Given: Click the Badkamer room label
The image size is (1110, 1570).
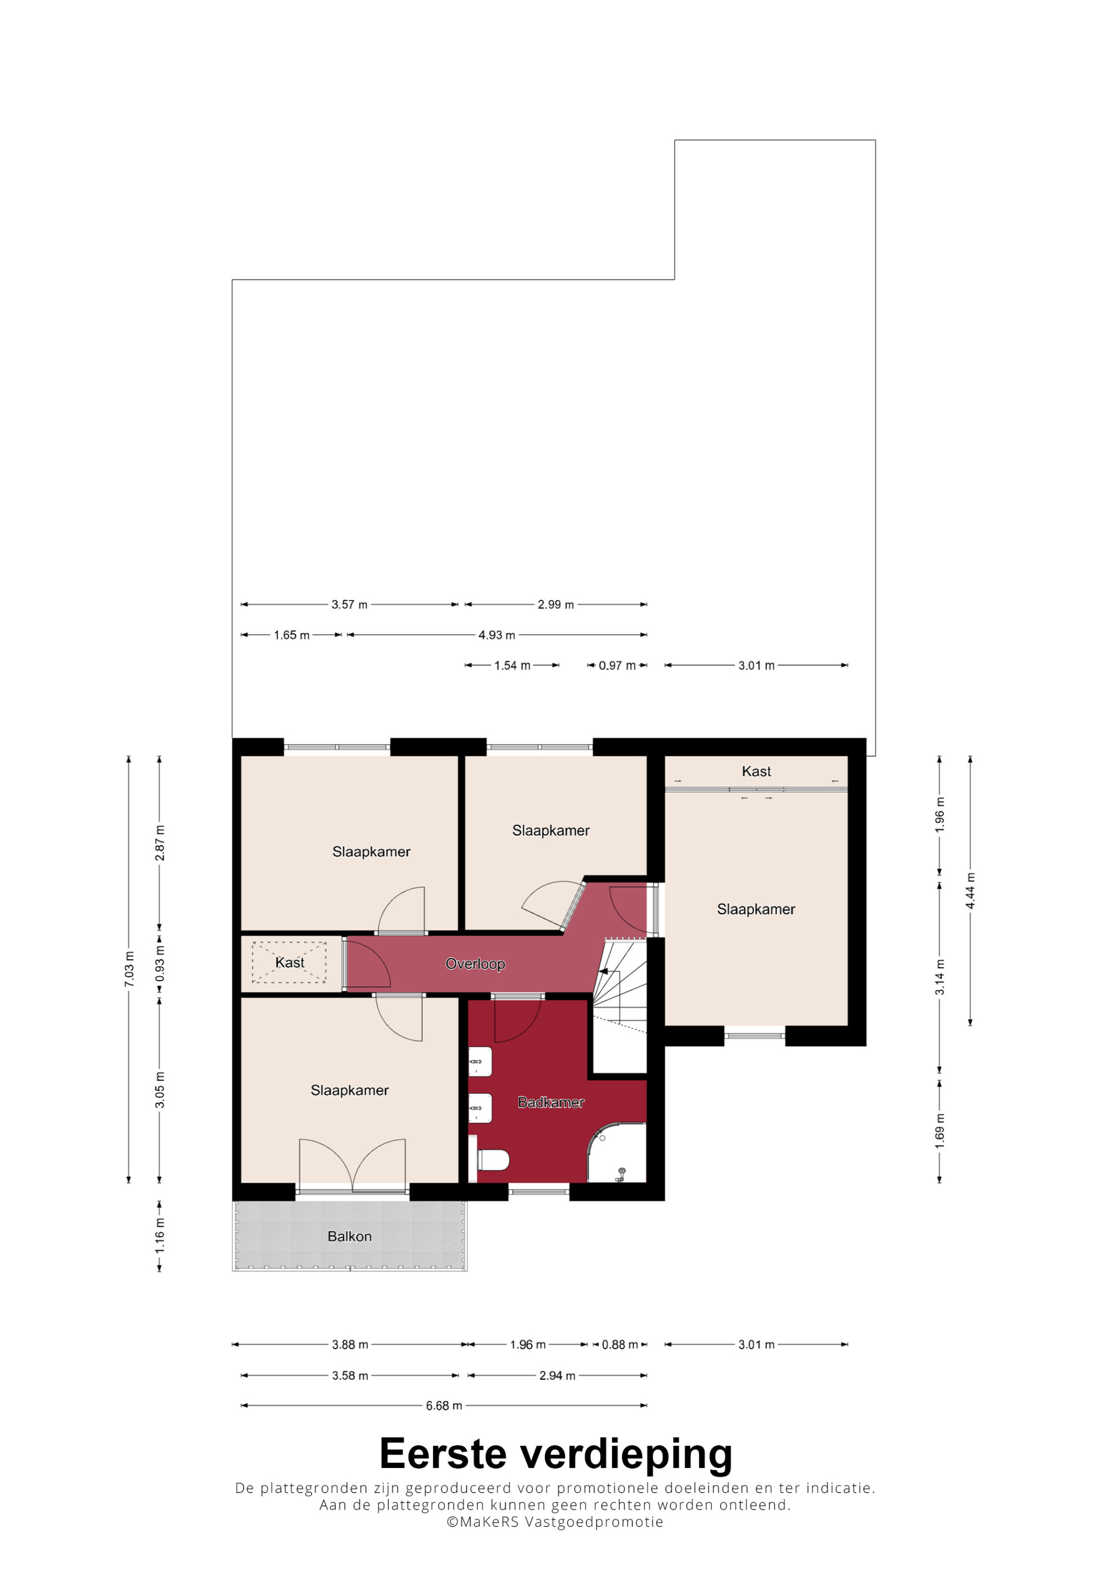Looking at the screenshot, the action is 551,1102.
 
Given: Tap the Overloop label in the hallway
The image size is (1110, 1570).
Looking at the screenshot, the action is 475,964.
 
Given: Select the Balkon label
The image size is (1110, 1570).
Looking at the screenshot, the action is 350,1237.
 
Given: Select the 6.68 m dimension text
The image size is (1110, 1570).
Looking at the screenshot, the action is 444,1406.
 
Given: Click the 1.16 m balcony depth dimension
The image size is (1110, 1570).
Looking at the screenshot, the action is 159,1235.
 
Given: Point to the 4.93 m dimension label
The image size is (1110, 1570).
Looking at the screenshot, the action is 497,635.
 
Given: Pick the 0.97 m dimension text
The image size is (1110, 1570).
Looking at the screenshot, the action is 617,665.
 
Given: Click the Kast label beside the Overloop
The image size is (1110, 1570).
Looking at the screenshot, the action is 289,963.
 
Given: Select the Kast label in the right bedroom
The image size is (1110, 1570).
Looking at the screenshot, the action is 756,771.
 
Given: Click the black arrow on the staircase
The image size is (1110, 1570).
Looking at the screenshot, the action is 603,971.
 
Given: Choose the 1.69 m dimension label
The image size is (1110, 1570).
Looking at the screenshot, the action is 940,1130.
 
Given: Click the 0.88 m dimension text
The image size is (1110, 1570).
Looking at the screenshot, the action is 619,1345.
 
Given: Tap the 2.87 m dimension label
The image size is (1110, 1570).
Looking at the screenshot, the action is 159,843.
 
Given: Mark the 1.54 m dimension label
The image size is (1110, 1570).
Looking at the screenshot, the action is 512,665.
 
